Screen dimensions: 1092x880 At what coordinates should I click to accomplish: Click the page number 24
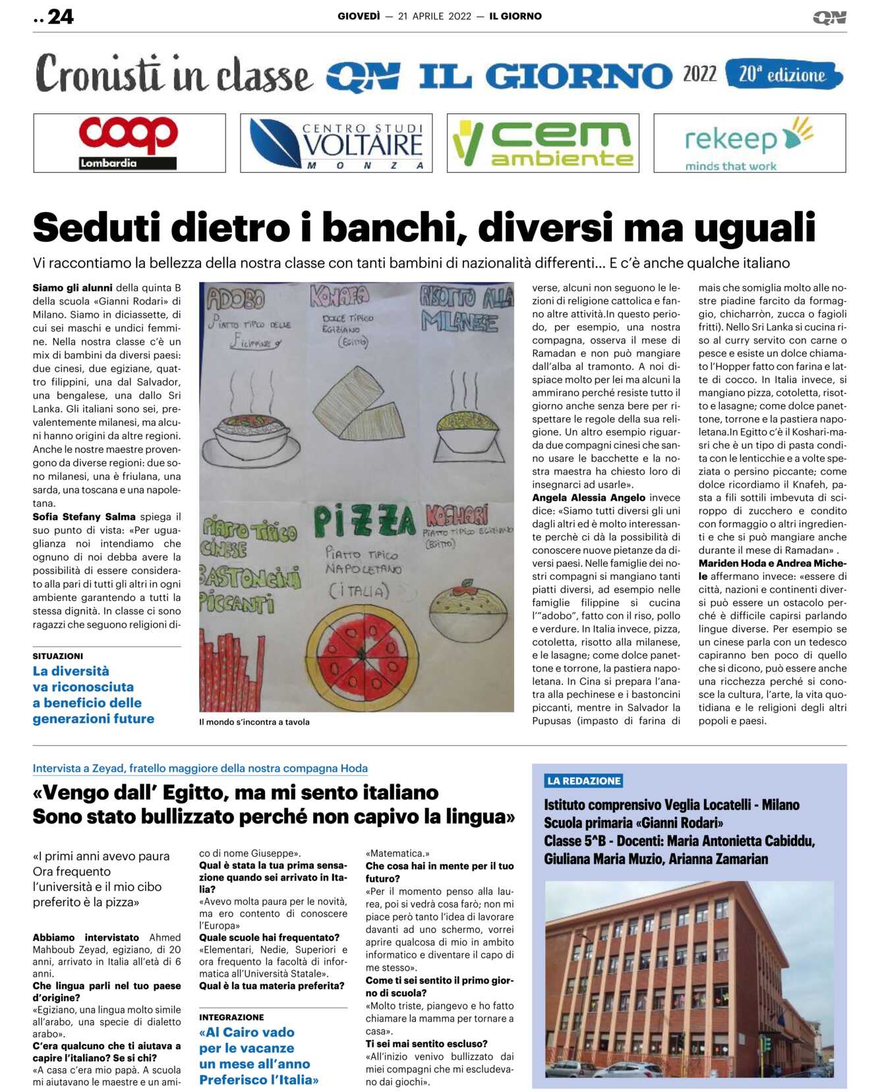60,16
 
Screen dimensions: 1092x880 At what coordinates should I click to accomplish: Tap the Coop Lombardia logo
129,143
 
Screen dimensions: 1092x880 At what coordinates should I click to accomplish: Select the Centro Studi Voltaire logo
336,143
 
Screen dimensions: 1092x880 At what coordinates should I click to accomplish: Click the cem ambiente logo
543,143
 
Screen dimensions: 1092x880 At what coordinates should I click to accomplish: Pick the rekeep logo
749,143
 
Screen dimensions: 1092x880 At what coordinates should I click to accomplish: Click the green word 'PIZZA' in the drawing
364,521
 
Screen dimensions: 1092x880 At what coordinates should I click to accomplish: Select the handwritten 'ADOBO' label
235,299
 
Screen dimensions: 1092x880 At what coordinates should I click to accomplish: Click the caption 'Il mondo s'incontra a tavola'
254,722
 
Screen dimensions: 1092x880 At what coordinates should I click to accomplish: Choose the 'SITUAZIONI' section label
58,656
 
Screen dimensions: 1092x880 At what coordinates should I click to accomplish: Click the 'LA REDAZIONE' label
584,781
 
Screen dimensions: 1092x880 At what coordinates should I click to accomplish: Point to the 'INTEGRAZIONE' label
231,1017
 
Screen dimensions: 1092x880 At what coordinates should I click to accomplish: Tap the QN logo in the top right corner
829,17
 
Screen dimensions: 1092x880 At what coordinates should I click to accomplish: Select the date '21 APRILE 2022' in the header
434,16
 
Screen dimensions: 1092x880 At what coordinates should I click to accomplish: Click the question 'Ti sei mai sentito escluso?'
426,1043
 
